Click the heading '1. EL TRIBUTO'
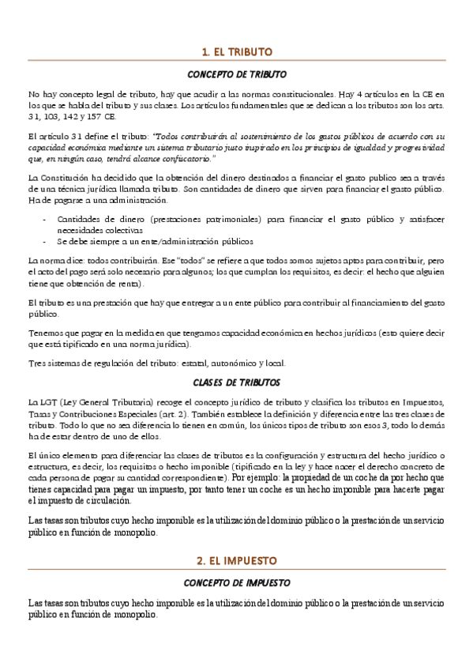coord(237,52)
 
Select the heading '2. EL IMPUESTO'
coord(237,560)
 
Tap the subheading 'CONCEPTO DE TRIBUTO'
coord(237,75)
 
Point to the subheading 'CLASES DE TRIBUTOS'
coord(237,382)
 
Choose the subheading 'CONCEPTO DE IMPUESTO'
coord(237,583)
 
